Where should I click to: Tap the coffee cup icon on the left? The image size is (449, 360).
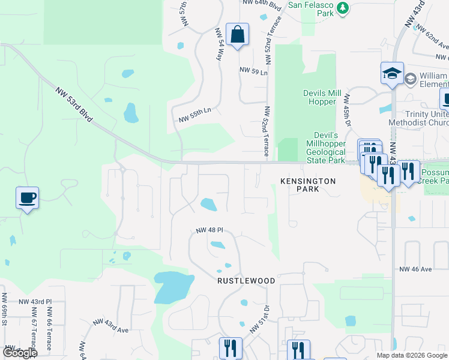pos(28,198)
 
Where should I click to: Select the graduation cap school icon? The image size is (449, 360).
pos(392,74)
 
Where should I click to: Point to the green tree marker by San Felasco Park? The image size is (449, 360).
pos(342,8)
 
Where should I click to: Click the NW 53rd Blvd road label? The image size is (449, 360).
pos(74,106)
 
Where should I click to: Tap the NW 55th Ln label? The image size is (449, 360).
pos(195,111)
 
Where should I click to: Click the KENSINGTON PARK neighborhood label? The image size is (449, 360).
pos(308,185)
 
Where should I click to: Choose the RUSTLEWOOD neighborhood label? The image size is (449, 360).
pos(246,281)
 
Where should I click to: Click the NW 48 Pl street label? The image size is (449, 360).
pos(209,230)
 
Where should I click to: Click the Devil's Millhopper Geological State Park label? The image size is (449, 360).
pos(326,148)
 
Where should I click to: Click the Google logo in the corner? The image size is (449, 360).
pos(19,353)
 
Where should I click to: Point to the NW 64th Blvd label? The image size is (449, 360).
pos(262,3)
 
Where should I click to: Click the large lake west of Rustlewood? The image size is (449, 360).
pos(169,287)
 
